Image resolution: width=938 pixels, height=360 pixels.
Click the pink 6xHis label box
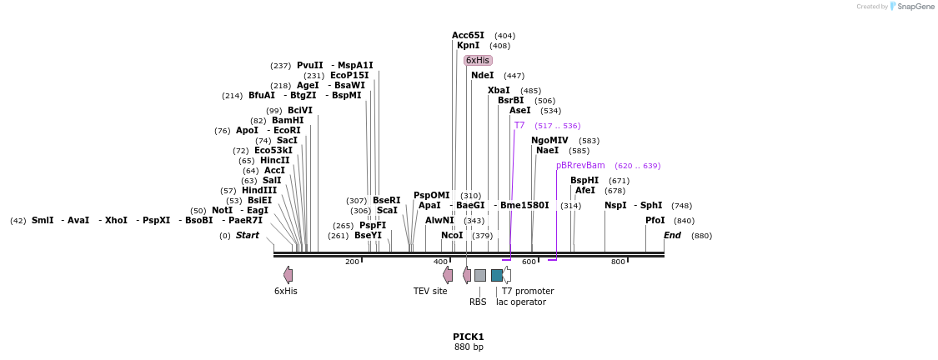point(478,60)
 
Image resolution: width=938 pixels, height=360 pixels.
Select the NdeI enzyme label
point(482,75)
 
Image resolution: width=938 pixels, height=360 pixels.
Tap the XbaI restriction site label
point(499,90)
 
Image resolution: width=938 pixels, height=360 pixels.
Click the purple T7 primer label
point(519,125)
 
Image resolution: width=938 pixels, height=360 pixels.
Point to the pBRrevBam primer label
point(580,165)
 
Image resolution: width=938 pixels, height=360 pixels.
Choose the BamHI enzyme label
point(288,120)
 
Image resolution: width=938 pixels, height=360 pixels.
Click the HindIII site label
point(259,190)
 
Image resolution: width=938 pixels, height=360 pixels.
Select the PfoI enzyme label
point(655,220)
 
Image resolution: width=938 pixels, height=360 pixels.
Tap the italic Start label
point(247,235)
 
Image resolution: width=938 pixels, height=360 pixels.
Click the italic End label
point(672,235)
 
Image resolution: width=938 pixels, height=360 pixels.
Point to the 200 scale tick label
point(352,262)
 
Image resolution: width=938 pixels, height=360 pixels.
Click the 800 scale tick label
point(618,262)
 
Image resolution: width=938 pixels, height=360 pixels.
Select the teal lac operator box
point(497,275)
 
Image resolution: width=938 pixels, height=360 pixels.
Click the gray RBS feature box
point(480,275)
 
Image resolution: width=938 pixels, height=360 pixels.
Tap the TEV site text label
point(430,291)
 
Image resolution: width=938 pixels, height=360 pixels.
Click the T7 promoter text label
point(527,291)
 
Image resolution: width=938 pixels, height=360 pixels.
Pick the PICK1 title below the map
point(469,337)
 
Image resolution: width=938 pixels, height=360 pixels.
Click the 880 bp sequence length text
point(469,347)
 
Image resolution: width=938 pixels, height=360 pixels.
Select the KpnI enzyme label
point(468,45)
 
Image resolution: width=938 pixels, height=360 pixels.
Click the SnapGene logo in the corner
point(911,7)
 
